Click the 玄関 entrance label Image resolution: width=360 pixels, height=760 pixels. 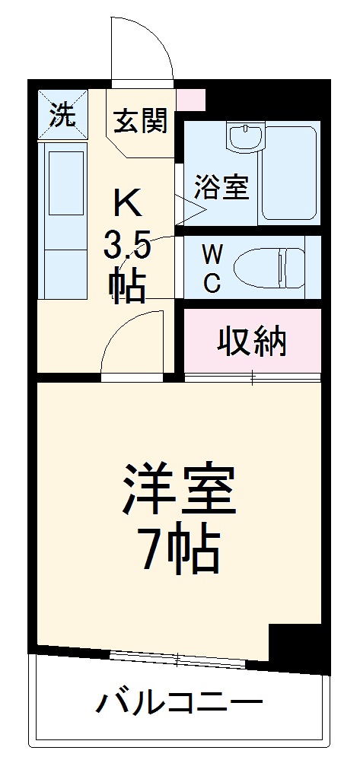click(141, 121)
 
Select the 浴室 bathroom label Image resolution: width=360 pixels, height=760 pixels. click(221, 187)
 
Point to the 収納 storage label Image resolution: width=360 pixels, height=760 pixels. click(253, 343)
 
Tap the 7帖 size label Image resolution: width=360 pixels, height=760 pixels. click(180, 550)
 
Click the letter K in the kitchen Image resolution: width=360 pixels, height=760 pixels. click(126, 202)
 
